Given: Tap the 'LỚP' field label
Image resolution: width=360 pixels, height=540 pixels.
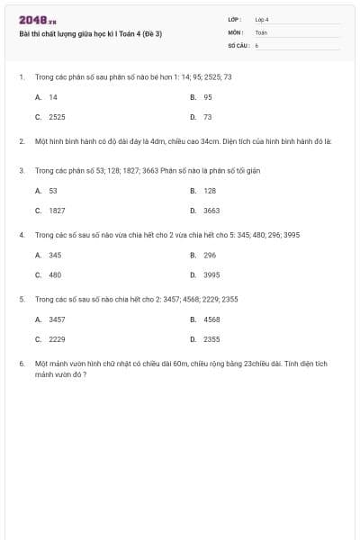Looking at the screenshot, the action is (x=235, y=19).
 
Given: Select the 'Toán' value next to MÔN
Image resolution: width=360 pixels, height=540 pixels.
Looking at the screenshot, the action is (x=261, y=31).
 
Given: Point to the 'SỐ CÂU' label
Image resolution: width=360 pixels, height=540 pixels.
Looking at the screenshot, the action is (x=238, y=44).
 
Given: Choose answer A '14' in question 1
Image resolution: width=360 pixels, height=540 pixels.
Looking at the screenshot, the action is (x=53, y=96).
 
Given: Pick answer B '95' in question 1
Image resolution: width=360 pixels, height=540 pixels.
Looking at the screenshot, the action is (x=208, y=96).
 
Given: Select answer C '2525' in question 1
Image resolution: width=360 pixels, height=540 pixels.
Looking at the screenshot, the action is (x=57, y=117).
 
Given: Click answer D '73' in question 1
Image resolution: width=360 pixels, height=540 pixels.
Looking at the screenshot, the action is (x=208, y=117).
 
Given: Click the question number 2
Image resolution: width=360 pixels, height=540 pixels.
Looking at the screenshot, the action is (x=21, y=141).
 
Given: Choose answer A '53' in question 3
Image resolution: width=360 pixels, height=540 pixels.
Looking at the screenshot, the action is (x=53, y=191).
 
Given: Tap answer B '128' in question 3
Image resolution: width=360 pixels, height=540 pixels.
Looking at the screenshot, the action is (x=210, y=191).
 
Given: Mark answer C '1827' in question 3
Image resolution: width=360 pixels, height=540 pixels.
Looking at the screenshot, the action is (x=57, y=211).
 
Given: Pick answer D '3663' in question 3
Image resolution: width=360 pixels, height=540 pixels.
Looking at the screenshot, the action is (x=211, y=211).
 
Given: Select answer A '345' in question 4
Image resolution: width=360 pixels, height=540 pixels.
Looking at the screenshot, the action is (x=55, y=255).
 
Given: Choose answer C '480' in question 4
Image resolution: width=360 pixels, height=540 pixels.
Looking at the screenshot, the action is (x=55, y=275).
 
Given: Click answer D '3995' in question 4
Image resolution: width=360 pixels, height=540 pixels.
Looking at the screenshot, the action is (x=211, y=275).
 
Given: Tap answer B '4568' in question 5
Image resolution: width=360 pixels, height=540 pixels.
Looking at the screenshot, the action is (x=211, y=319).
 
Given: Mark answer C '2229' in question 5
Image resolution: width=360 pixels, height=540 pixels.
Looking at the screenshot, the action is (x=57, y=339).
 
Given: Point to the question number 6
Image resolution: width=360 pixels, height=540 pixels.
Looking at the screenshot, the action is (x=21, y=364).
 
